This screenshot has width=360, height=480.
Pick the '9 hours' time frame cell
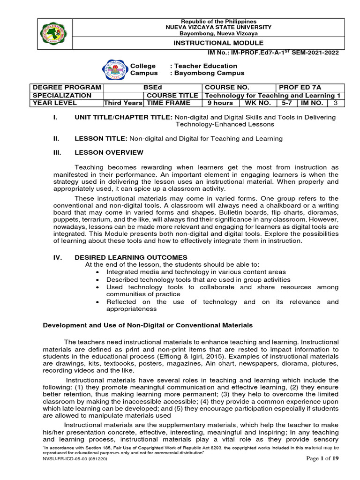220,103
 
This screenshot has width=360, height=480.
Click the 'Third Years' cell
123,103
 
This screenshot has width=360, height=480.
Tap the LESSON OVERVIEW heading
109,152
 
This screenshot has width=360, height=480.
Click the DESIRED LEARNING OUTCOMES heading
131,257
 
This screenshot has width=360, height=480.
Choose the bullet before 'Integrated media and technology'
97,272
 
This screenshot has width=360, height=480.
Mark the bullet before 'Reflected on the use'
97,302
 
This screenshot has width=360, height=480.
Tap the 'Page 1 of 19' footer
322,472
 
